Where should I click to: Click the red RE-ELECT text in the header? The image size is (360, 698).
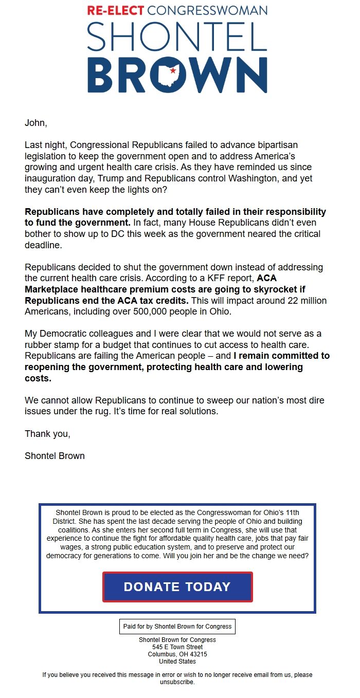[116, 10]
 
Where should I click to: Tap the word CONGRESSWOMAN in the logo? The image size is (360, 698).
[207, 10]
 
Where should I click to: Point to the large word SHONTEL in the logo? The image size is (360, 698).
[177, 37]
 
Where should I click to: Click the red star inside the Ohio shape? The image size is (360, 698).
[173, 70]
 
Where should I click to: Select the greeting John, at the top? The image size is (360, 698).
[35, 123]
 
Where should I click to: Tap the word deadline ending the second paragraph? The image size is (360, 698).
[43, 245]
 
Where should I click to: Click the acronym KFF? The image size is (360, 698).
[206, 278]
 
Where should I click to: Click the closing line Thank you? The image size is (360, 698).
[47, 434]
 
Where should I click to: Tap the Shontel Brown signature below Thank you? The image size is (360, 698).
[55, 456]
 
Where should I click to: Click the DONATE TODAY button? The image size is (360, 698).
[177, 587]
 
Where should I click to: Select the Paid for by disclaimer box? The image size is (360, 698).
[177, 627]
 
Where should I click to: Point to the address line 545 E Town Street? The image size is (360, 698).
[177, 647]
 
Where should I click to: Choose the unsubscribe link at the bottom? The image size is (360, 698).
[176, 682]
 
